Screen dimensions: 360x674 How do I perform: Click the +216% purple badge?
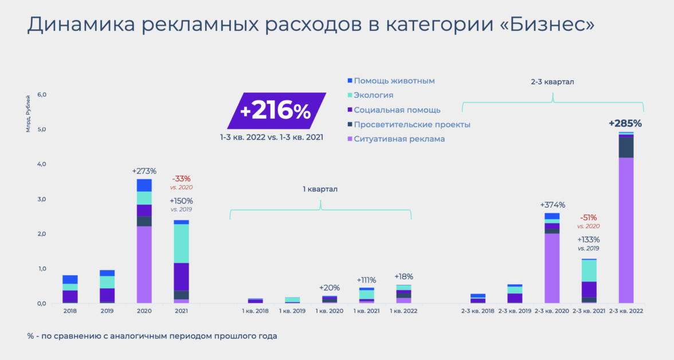(276, 111)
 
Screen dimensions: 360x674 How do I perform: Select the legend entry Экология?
(373, 95)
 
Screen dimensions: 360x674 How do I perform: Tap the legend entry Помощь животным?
(394, 81)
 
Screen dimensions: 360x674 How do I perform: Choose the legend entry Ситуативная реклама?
(399, 139)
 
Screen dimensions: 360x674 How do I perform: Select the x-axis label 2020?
(144, 311)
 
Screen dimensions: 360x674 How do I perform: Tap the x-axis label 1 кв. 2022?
(403, 311)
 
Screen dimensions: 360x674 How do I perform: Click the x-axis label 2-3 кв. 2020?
(552, 311)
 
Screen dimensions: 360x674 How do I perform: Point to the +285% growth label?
(625, 123)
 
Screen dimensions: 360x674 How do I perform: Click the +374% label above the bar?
(552, 205)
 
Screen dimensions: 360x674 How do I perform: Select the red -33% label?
(181, 179)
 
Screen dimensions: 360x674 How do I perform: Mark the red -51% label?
(589, 218)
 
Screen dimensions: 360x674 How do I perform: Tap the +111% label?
(366, 280)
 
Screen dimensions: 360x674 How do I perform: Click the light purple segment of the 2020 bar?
(144, 264)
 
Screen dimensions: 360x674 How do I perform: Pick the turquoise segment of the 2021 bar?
(181, 243)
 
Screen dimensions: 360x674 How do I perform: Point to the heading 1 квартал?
(320, 189)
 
